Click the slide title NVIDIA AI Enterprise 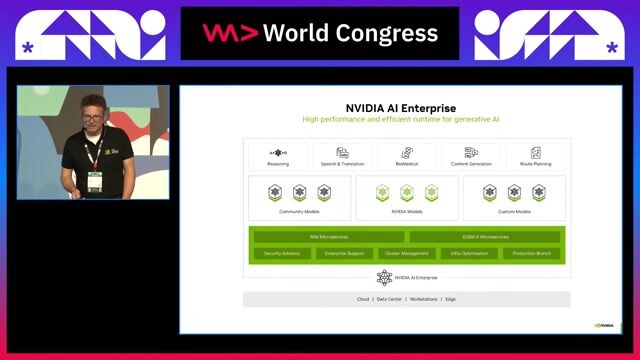point(400,107)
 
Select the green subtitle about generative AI point(400,119)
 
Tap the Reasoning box point(278,157)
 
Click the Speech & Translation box point(342,157)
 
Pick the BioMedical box point(406,157)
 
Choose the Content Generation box point(471,157)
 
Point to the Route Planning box point(535,157)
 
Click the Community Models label point(299,212)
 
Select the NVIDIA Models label point(406,212)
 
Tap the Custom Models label point(513,212)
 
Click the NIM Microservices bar point(328,237)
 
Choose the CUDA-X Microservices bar point(486,237)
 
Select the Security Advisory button point(282,253)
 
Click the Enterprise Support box point(344,253)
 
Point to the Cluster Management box point(406,253)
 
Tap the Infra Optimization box point(469,253)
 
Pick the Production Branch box point(532,253)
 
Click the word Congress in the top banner point(387,33)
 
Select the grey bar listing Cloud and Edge point(406,299)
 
